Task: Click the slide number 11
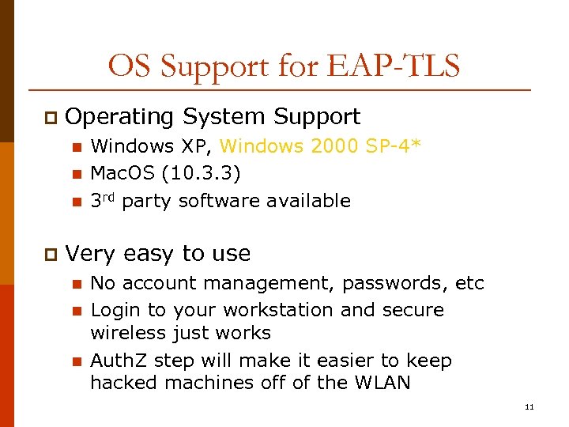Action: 529,406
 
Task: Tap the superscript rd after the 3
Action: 109,197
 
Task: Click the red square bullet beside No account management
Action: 77,284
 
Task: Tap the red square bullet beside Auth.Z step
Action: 77,362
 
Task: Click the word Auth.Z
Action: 119,361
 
